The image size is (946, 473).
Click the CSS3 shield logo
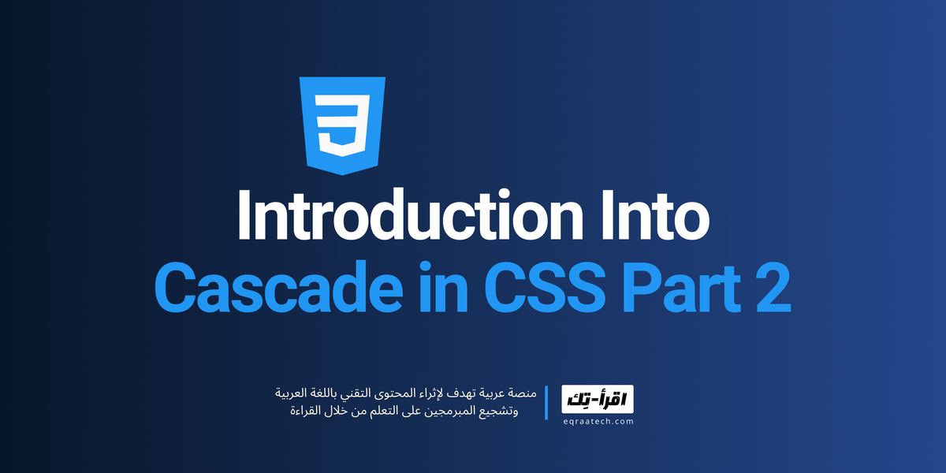(342, 125)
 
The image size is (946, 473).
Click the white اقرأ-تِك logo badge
(597, 400)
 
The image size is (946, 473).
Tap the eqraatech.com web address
(597, 422)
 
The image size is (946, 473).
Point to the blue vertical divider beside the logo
(546, 402)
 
